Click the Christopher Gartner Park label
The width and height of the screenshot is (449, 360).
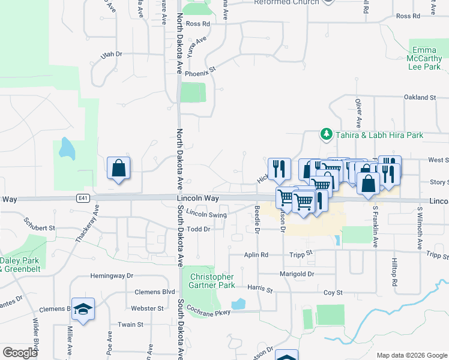click(211, 281)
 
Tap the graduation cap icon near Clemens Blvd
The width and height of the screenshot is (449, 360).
click(83, 309)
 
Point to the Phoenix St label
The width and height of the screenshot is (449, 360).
click(200, 73)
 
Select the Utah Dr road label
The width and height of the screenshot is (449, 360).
click(112, 54)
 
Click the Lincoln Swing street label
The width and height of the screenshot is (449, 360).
click(206, 214)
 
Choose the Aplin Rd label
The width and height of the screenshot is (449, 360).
click(256, 255)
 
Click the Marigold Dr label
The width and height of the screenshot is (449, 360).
click(297, 274)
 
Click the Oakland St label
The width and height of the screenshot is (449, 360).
click(420, 97)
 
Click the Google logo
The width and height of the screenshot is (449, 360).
click(20, 352)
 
